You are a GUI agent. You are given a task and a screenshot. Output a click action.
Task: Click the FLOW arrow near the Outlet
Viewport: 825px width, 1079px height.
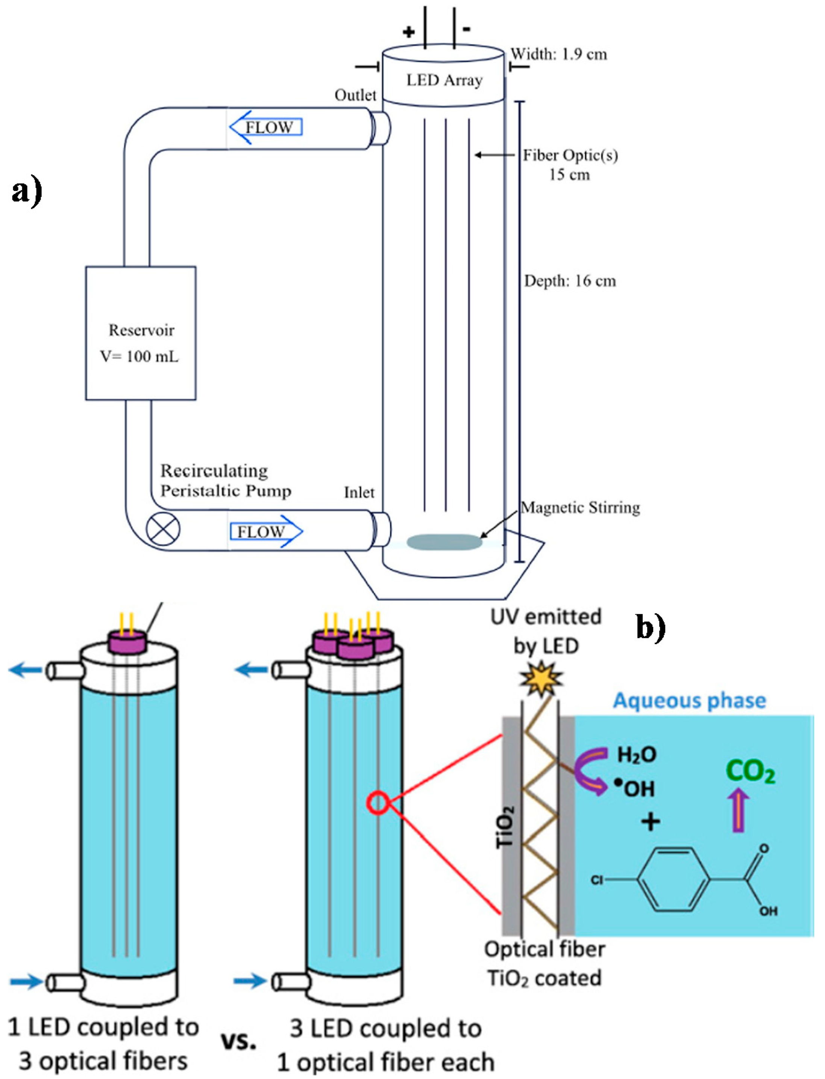266,127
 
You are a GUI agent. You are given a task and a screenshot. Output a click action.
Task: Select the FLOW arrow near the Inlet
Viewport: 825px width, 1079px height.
266,531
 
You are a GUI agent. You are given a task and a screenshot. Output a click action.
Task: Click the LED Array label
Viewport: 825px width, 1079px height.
444,80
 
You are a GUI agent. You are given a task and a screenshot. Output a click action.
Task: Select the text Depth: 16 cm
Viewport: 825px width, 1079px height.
570,281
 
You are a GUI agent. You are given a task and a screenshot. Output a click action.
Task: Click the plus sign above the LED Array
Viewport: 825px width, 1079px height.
408,32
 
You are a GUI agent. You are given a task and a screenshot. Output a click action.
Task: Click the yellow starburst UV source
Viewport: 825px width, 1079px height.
541,678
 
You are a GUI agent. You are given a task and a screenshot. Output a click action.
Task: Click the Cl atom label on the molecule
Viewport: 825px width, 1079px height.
597,880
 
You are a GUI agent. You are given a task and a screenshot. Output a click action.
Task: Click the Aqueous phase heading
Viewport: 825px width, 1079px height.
689,701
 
